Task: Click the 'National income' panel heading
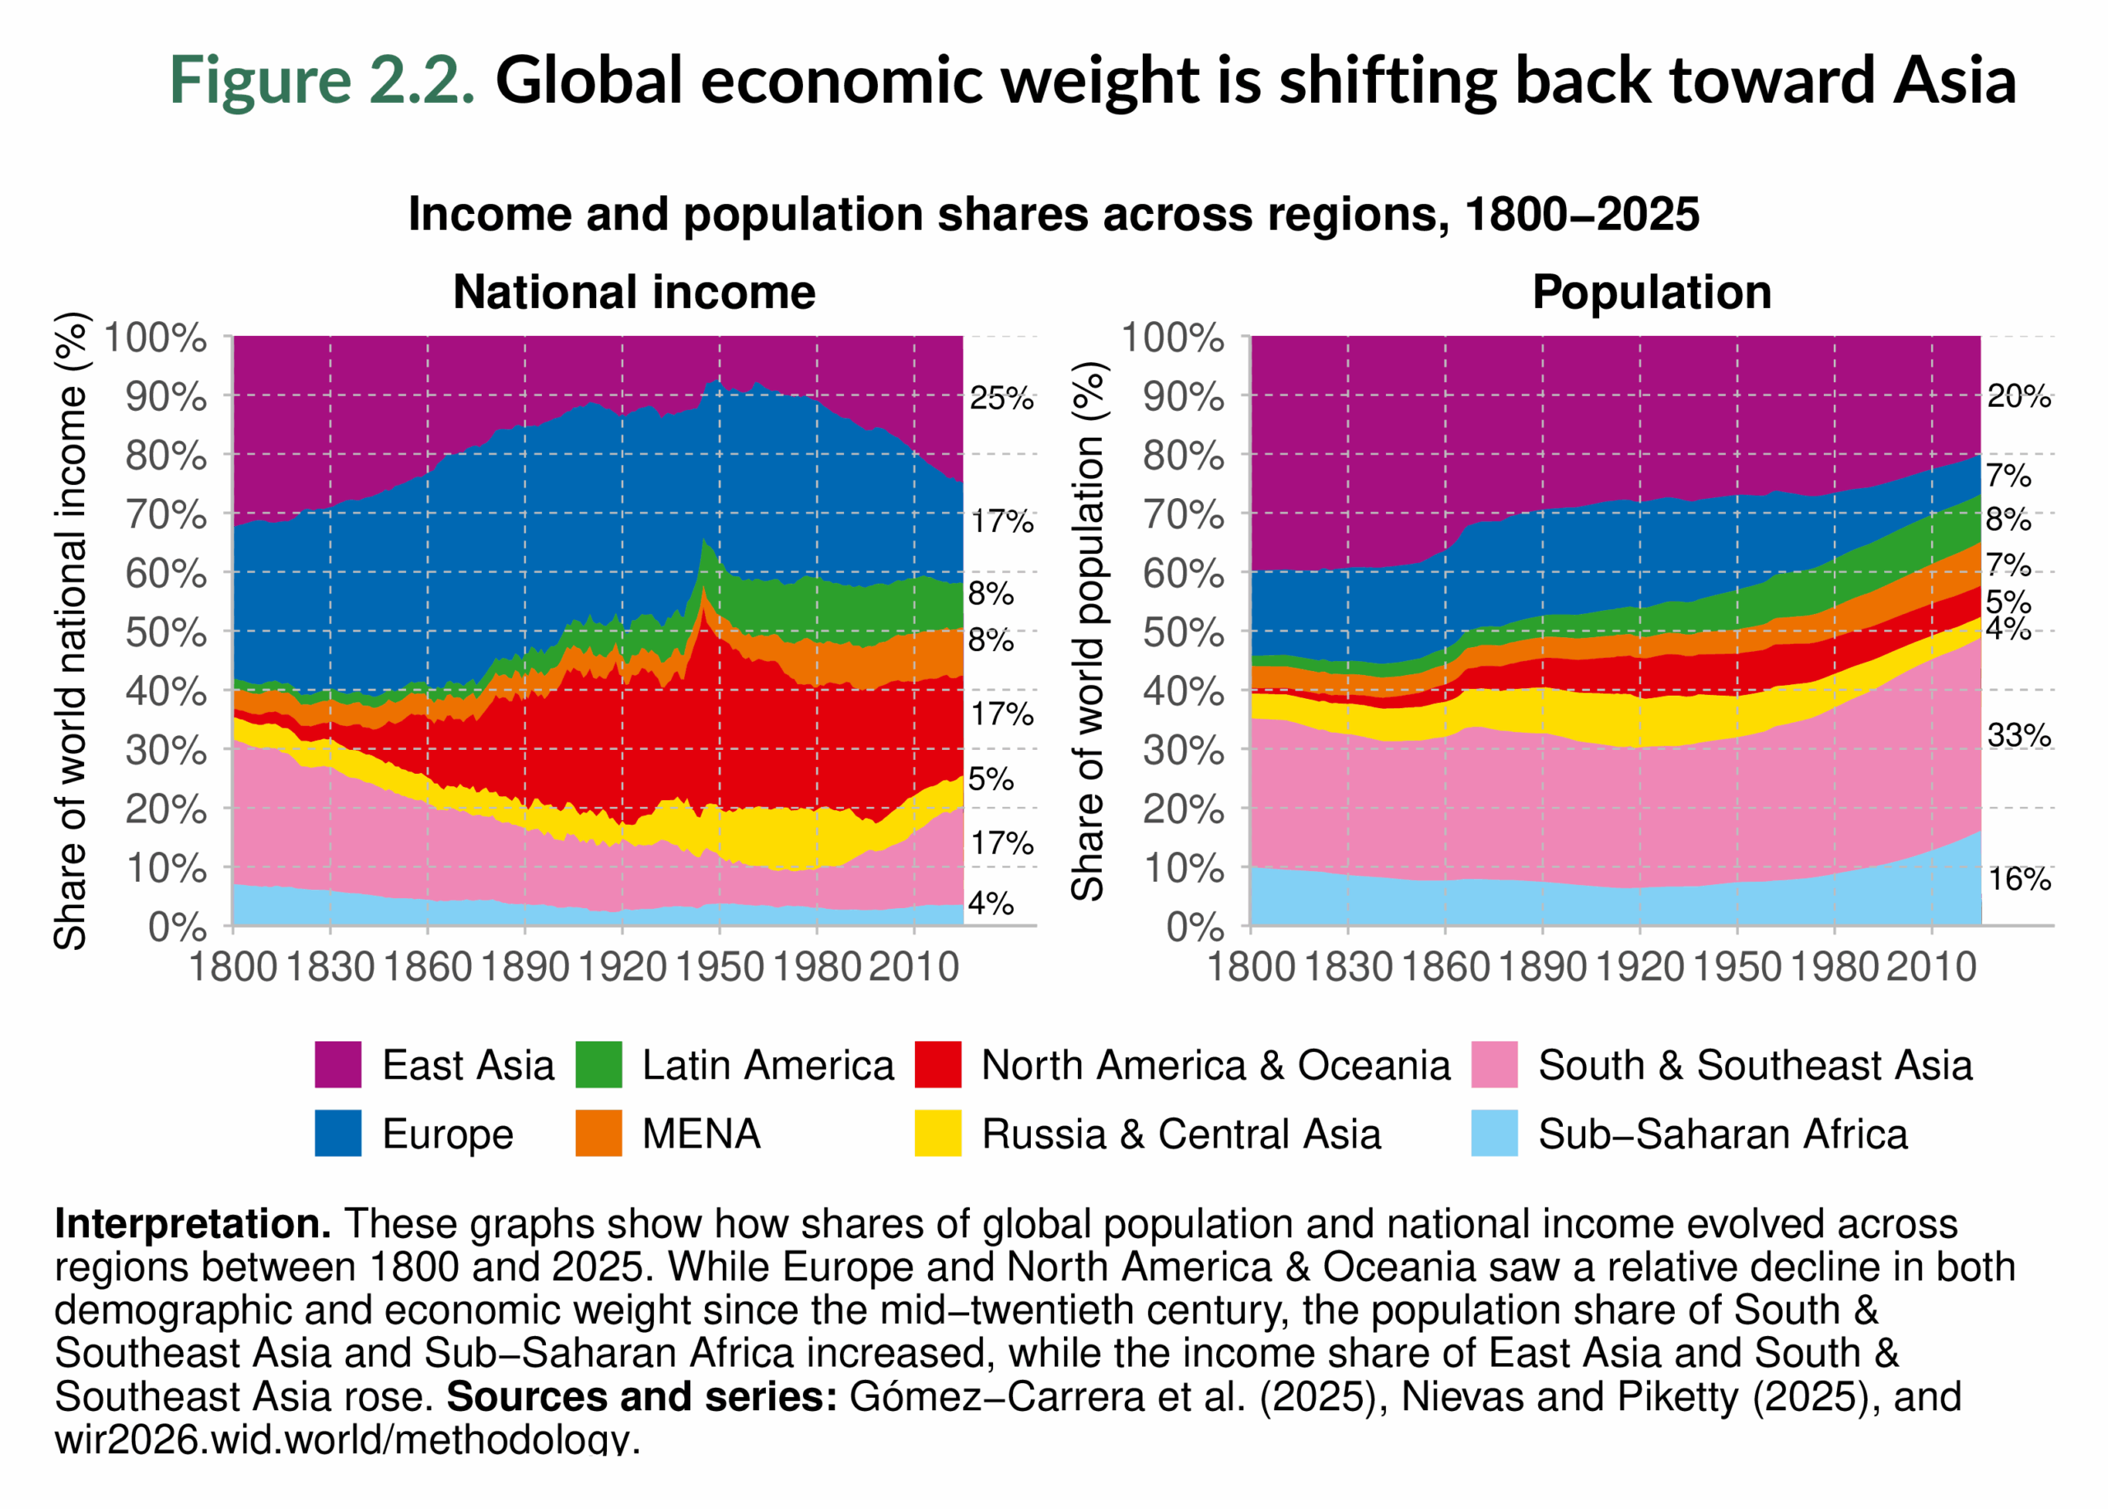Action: point(634,293)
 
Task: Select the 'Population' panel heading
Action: point(1652,293)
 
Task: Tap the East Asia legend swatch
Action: point(338,1064)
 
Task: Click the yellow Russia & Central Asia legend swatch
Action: point(938,1134)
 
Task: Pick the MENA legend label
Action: point(701,1134)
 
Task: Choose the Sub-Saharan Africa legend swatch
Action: point(1495,1134)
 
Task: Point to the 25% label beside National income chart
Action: point(1001,398)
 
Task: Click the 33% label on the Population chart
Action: point(2019,736)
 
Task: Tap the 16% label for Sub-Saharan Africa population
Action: point(2019,879)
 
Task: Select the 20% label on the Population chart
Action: point(2019,397)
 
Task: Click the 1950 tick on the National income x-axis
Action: point(720,968)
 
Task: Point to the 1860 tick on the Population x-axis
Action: point(1445,968)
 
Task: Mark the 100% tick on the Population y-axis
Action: point(1172,338)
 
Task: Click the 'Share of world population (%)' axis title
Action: point(1087,632)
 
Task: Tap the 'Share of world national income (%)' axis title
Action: point(71,632)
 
